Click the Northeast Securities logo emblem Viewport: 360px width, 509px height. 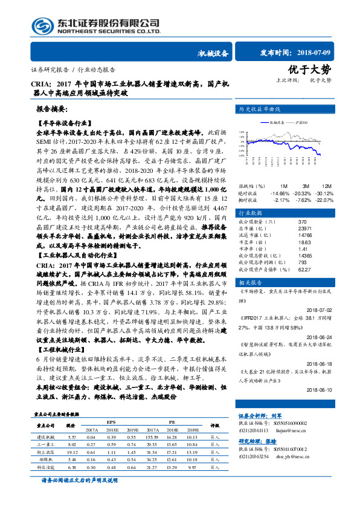coord(42,26)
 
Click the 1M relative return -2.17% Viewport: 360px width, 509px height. coord(281,199)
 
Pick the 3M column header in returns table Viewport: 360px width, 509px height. coord(306,186)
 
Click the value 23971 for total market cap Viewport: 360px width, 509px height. coord(289,229)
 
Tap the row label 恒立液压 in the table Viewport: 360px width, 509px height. coord(46,452)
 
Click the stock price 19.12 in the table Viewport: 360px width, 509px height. coord(72,452)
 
